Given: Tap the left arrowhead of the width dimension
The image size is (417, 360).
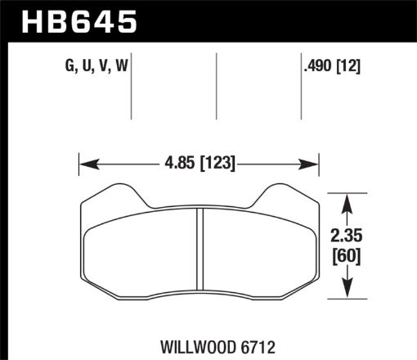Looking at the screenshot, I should click(x=84, y=164).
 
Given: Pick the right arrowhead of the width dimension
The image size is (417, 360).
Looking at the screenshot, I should click(x=312, y=164).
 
